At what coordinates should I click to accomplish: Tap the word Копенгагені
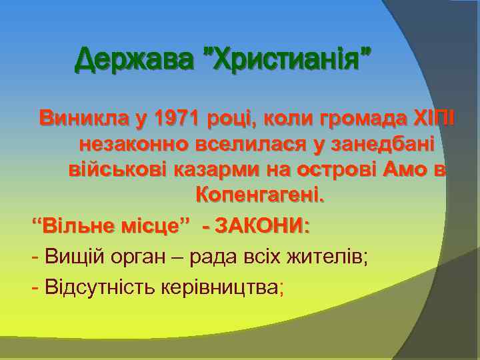point(259,195)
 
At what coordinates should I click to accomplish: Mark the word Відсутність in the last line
point(98,287)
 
